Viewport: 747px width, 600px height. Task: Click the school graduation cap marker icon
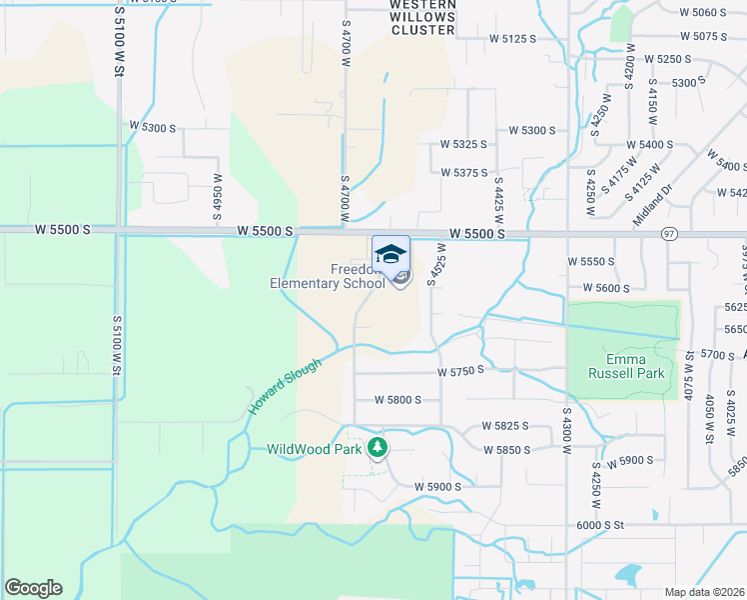(391, 252)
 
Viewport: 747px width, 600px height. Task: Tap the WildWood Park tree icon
(377, 447)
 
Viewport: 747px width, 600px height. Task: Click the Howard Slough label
(285, 387)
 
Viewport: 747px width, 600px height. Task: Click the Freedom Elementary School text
(327, 276)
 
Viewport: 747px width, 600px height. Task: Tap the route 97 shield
(668, 233)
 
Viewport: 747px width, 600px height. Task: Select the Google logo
(33, 588)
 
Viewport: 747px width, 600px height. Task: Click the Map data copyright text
(704, 591)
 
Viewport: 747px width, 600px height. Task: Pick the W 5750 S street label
(460, 370)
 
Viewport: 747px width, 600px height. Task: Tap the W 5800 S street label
(397, 399)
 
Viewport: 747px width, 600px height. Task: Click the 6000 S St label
(599, 524)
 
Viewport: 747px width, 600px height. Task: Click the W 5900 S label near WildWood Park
(437, 486)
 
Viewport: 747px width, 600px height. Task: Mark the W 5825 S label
(504, 426)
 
